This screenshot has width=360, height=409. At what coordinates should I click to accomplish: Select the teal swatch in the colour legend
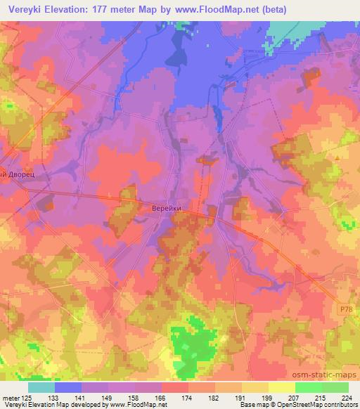pos(41,387)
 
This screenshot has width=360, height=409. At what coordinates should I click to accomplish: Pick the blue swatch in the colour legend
pos(68,387)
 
